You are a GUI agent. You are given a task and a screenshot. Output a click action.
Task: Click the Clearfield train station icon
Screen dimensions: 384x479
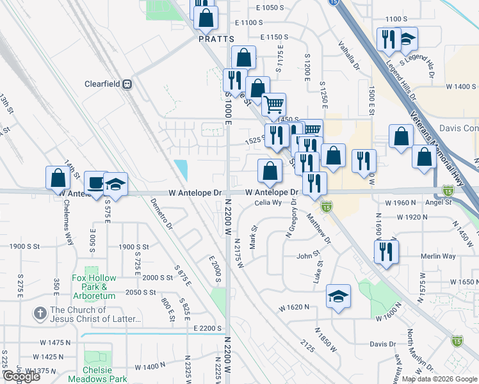point(127,83)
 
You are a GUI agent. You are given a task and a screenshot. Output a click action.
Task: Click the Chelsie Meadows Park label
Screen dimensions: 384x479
point(97,374)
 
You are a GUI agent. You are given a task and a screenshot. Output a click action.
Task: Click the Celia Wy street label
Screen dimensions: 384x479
point(268,203)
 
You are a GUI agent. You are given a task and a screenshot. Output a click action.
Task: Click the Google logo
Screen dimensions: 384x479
point(21,376)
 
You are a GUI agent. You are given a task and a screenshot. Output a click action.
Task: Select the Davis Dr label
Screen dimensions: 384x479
point(382,344)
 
